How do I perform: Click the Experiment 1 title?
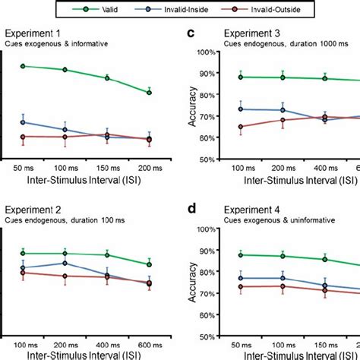click(x=34, y=33)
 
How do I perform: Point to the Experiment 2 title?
click(x=34, y=209)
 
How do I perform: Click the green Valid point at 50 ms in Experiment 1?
click(x=24, y=66)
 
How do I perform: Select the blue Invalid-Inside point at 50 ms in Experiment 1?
click(x=24, y=122)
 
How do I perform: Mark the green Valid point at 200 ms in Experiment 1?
click(x=149, y=93)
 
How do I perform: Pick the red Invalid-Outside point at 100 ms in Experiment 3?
click(x=241, y=127)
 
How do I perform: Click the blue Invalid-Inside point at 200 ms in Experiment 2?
click(x=65, y=264)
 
